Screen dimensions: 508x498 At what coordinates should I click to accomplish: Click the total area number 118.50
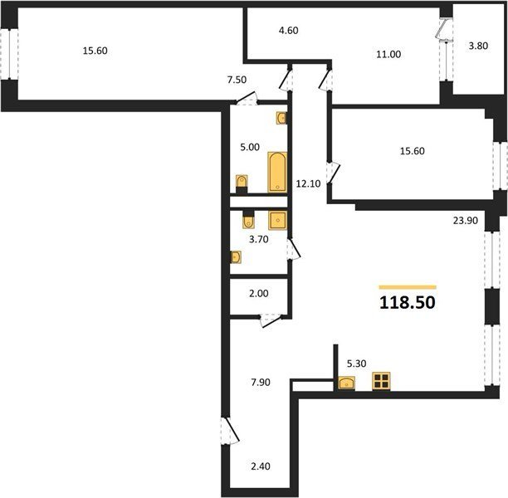tap(408, 303)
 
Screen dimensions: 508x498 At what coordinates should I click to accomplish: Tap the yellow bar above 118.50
tap(408, 287)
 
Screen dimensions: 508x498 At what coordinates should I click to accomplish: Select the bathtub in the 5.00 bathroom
tap(277, 172)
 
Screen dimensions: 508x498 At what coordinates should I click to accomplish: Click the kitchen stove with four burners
tap(381, 381)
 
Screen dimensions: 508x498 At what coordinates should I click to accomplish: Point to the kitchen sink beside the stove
tap(346, 383)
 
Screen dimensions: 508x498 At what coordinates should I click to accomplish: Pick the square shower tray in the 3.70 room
tap(277, 220)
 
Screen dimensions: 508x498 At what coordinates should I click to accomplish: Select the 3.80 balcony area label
tap(478, 46)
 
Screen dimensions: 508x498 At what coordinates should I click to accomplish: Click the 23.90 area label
tap(465, 221)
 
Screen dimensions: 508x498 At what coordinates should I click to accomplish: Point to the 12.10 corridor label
tap(308, 183)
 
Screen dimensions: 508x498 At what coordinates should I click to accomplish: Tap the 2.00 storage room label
tap(258, 294)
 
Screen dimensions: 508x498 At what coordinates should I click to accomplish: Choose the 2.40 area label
tap(261, 466)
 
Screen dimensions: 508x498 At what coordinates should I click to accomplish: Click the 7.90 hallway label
tap(261, 383)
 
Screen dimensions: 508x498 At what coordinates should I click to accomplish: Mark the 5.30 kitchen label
tap(356, 364)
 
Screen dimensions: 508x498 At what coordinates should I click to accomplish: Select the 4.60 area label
tap(288, 31)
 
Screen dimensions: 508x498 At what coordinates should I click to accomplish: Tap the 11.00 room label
tap(388, 54)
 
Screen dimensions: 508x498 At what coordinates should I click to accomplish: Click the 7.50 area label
tap(237, 80)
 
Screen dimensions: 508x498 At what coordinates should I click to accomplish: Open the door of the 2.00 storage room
tap(271, 320)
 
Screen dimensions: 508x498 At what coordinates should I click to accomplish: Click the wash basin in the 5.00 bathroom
tap(281, 118)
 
